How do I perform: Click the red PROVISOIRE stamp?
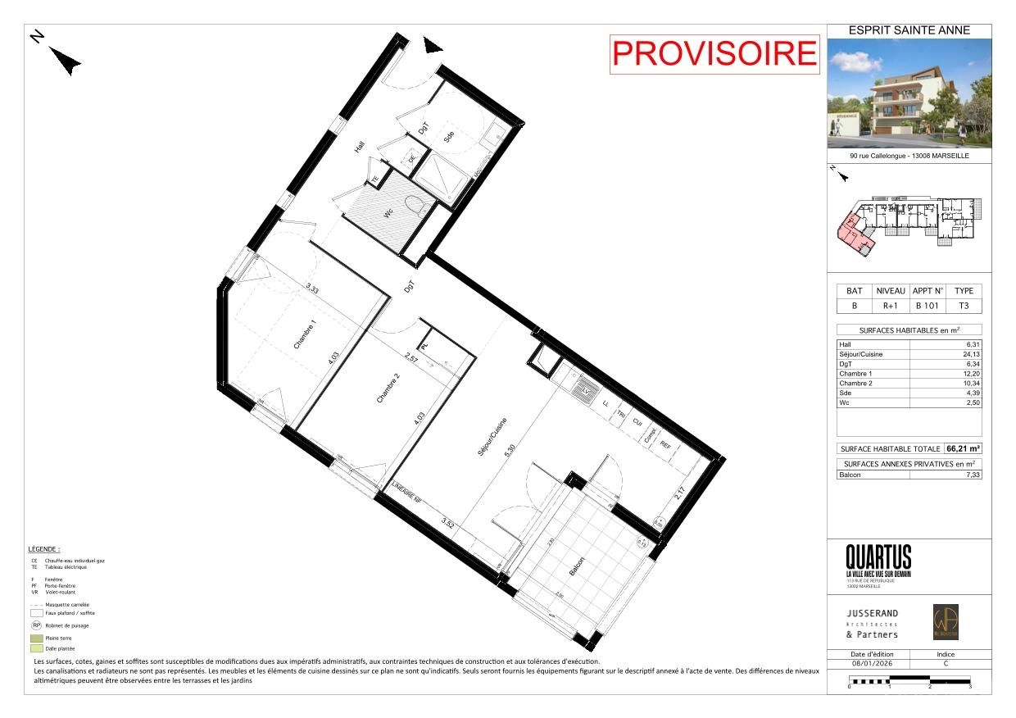click(715, 54)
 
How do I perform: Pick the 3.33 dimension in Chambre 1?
click(312, 288)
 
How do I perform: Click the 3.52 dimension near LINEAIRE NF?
click(447, 520)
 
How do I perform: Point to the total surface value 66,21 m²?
click(964, 448)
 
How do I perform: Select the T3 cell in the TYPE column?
click(964, 307)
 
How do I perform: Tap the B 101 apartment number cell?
click(928, 307)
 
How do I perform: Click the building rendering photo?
click(909, 93)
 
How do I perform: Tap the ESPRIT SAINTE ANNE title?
click(909, 30)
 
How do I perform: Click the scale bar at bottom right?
click(909, 680)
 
